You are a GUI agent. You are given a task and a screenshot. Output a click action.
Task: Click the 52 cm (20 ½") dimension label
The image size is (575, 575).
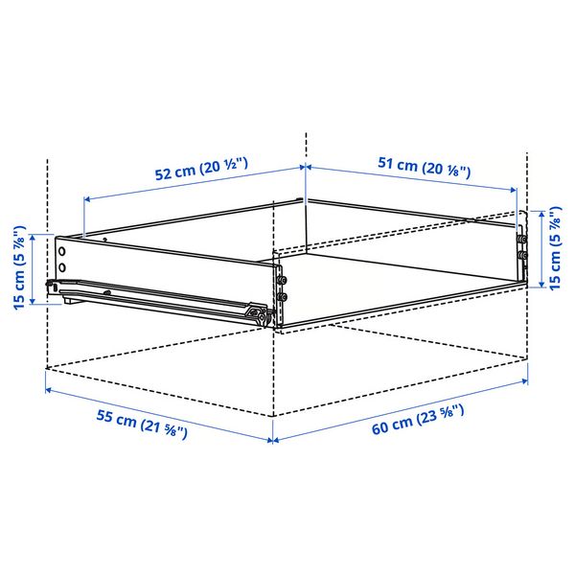tap(201, 169)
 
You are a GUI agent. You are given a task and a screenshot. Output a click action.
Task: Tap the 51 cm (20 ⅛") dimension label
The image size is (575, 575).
tap(424, 167)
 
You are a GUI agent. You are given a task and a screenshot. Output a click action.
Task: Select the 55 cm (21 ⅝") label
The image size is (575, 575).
tap(142, 424)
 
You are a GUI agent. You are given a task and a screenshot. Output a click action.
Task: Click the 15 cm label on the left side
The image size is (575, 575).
tap(19, 268)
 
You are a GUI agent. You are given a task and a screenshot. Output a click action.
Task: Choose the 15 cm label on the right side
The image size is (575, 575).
tap(555, 248)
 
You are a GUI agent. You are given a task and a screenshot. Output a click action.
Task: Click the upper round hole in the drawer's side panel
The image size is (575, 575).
tap(62, 251)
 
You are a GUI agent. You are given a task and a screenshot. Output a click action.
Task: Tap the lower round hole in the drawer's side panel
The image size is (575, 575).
tap(62, 267)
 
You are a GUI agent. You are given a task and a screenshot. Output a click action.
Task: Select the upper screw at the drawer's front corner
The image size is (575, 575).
tap(282, 281)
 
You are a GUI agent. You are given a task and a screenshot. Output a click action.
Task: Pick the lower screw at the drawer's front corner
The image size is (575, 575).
tap(282, 296)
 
